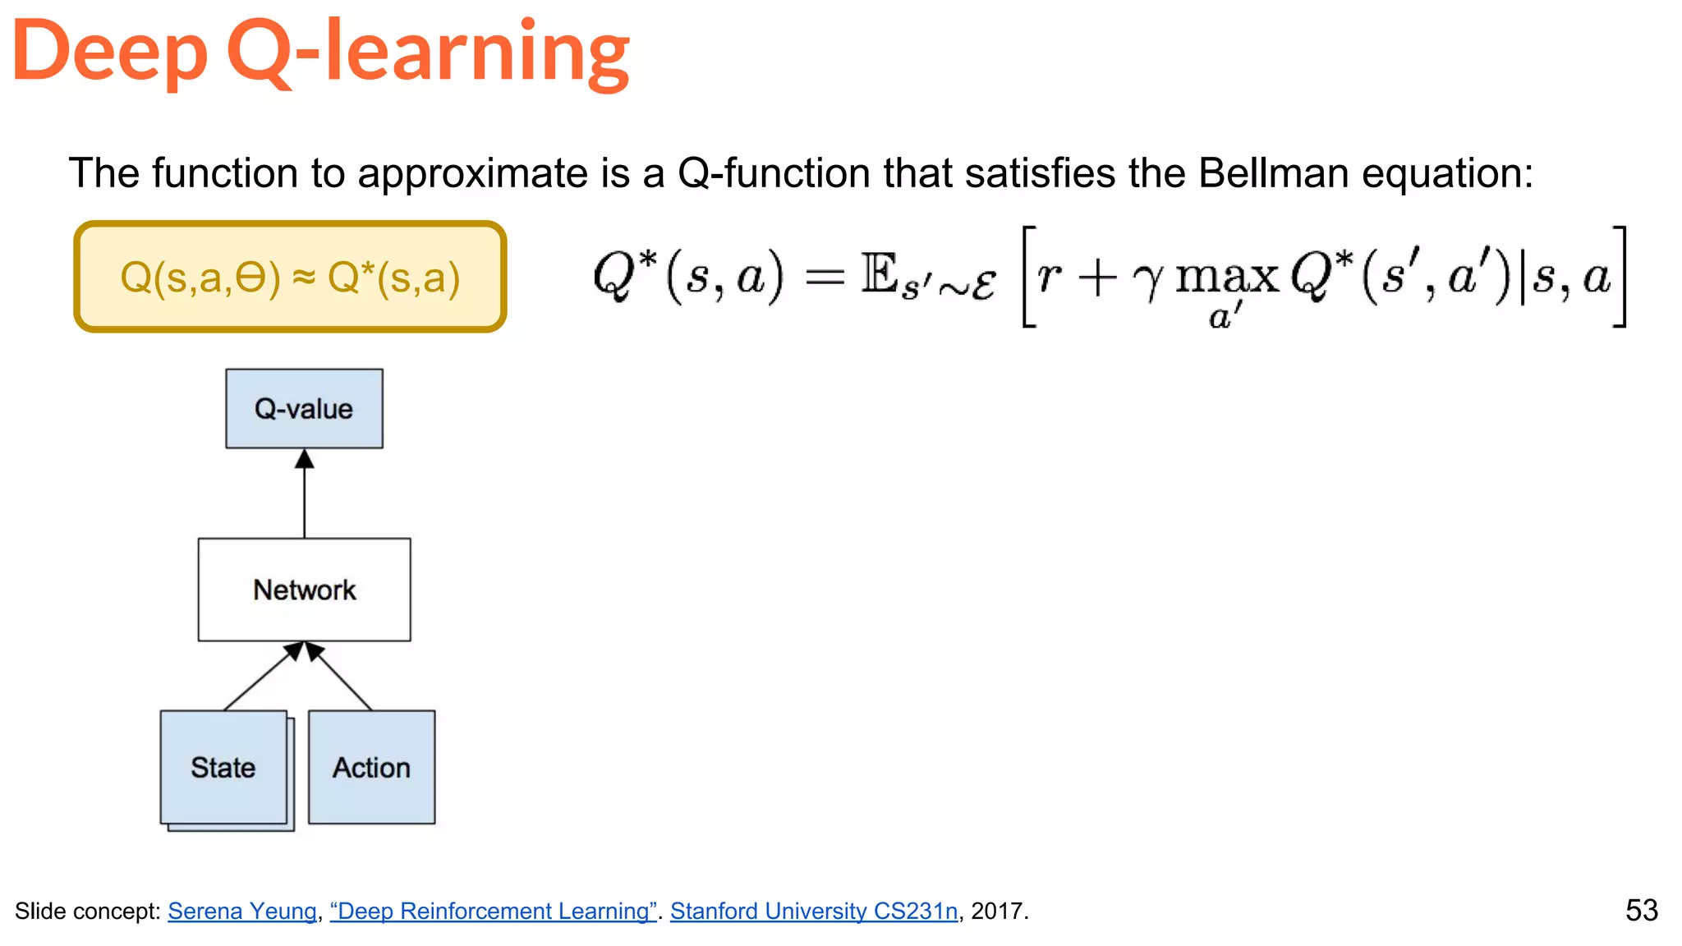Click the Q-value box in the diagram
point(304,408)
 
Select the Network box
point(304,590)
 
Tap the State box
point(223,767)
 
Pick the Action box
point(371,767)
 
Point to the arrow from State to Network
point(259,677)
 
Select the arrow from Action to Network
point(340,677)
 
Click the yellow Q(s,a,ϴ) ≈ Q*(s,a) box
point(290,277)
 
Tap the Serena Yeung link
point(242,911)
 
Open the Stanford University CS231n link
point(813,911)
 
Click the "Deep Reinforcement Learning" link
point(493,911)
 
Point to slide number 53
point(1642,910)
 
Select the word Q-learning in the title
point(428,53)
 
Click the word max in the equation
point(1227,277)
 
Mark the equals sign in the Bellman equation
point(824,278)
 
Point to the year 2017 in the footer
point(996,911)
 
